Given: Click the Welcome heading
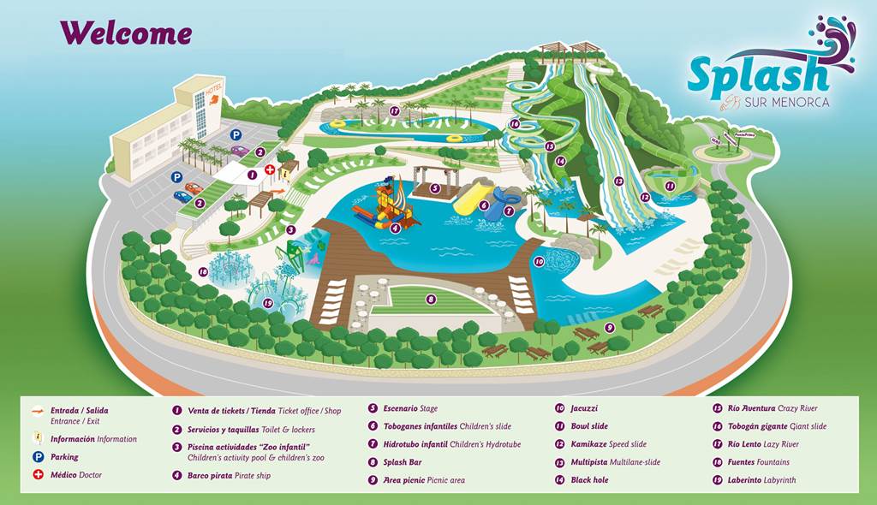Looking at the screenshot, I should click(125, 33).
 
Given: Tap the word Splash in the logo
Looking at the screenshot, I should click(757, 75).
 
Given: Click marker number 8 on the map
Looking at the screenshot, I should click(431, 300).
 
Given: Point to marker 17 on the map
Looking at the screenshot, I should click(395, 111).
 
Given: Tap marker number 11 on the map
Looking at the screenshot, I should click(670, 186).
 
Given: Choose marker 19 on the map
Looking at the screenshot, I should click(268, 303).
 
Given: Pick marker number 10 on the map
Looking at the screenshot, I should click(539, 262).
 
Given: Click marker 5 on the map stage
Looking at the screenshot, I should click(435, 188).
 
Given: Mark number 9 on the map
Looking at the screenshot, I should click(610, 327).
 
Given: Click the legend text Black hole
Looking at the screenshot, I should click(589, 480).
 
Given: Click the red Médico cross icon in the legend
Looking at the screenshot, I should click(38, 475).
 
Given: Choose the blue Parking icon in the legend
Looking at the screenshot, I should click(38, 457).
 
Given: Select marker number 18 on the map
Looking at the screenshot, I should click(203, 272).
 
